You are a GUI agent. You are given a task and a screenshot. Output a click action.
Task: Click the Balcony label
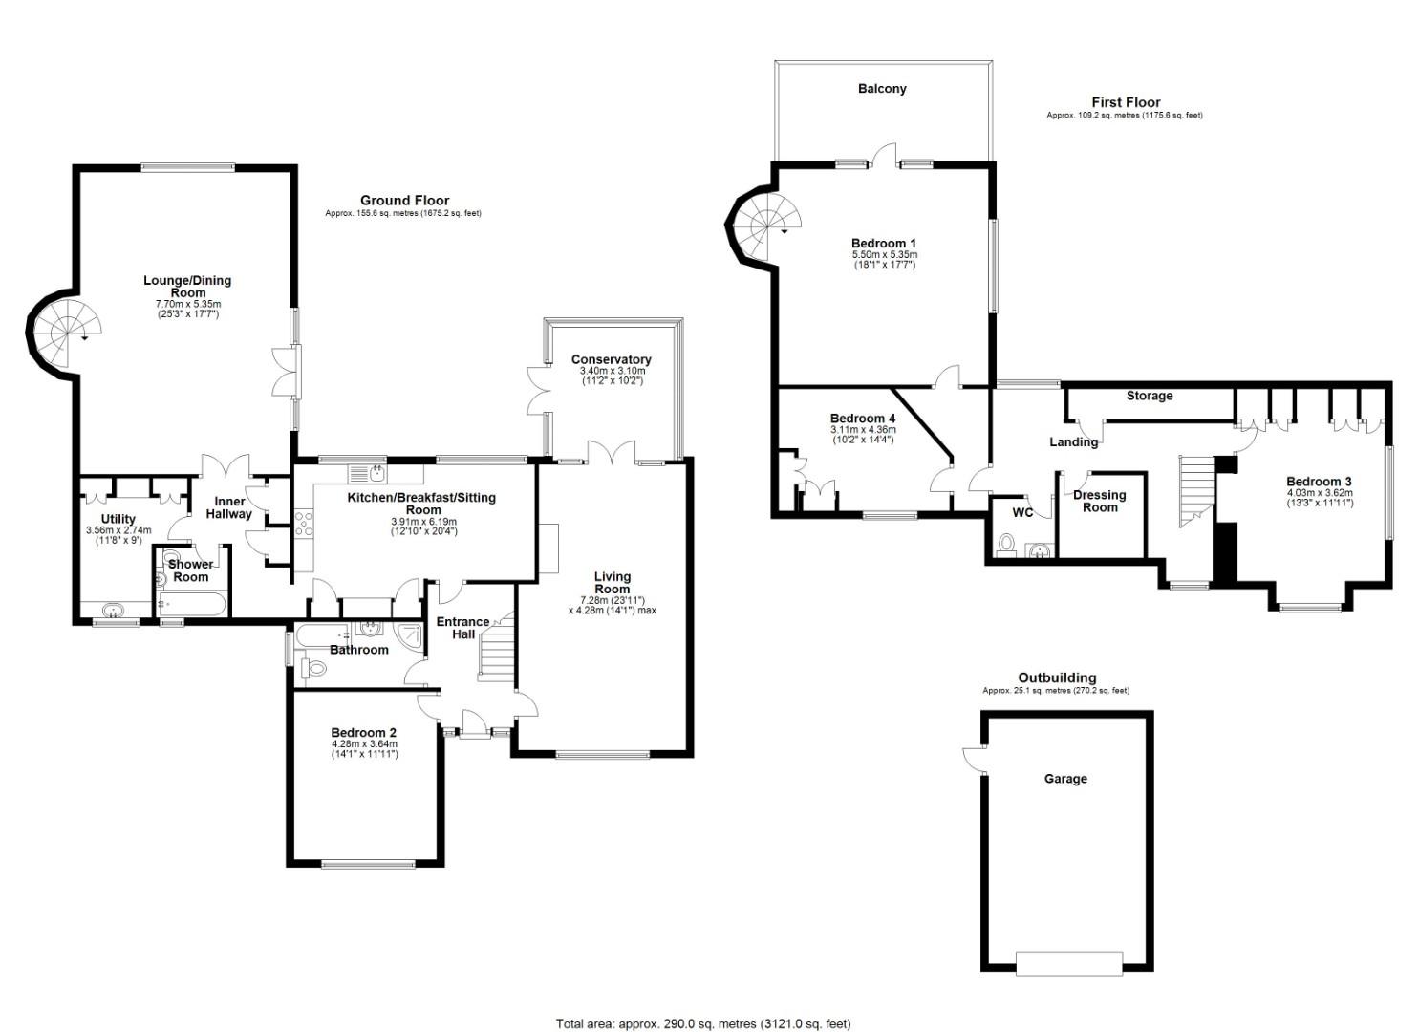[x=881, y=89]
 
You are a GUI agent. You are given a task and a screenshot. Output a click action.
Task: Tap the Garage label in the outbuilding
[x=1064, y=779]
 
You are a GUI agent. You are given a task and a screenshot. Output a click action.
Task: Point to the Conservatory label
[x=612, y=359]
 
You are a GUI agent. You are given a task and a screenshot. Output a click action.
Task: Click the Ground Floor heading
[x=404, y=201]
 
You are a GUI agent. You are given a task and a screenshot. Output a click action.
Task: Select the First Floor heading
[x=1126, y=102]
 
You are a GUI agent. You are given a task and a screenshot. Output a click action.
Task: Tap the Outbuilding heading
[x=1056, y=677]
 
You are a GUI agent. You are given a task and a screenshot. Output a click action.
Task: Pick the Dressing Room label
[x=1100, y=501]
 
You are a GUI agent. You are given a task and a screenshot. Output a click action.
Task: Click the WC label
[x=1022, y=512]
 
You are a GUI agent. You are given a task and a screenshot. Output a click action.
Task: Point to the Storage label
[x=1149, y=396]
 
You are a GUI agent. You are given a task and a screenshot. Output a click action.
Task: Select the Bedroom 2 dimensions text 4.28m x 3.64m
[x=364, y=743]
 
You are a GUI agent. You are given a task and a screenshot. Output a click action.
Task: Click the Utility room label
[x=118, y=519]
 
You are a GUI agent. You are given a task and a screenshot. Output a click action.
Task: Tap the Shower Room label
[x=190, y=570]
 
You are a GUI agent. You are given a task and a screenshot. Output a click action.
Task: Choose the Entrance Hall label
[x=462, y=628]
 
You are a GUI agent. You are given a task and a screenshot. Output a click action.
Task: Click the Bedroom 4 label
[x=862, y=419]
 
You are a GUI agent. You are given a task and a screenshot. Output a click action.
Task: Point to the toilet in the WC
[x=1005, y=545]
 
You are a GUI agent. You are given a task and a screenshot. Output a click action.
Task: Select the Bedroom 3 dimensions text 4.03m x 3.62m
[x=1319, y=493]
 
